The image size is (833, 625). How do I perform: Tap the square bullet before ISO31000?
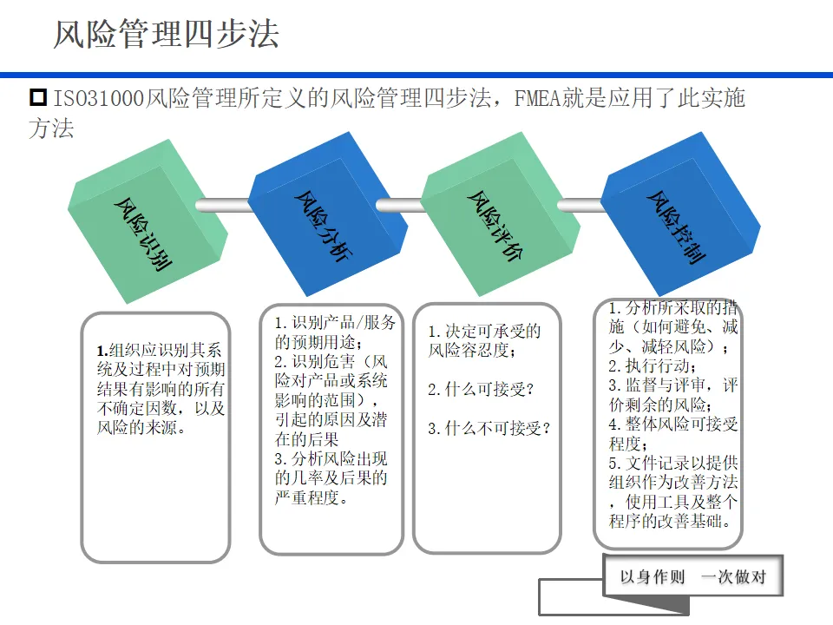click(x=37, y=97)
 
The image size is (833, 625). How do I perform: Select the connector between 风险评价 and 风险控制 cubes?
click(x=580, y=205)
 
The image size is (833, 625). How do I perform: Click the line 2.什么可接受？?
click(x=481, y=390)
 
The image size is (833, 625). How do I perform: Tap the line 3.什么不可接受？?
click(x=489, y=428)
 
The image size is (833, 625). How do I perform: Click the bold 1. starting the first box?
click(x=102, y=351)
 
